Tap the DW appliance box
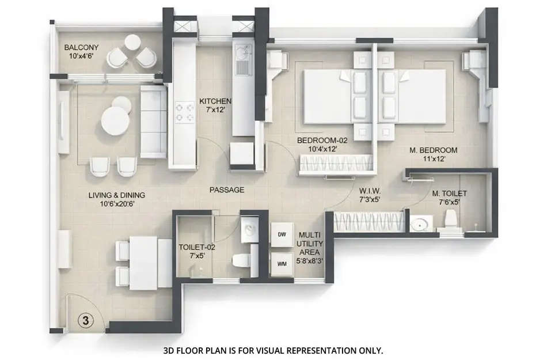coord(282,234)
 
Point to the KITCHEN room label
coord(215,100)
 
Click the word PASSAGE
coord(226,190)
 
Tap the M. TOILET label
coord(450,194)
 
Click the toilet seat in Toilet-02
coord(241,260)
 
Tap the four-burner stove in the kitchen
coord(185,112)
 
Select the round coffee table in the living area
coord(116,121)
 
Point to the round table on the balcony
coord(132,42)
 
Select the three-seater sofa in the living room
coord(153,121)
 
